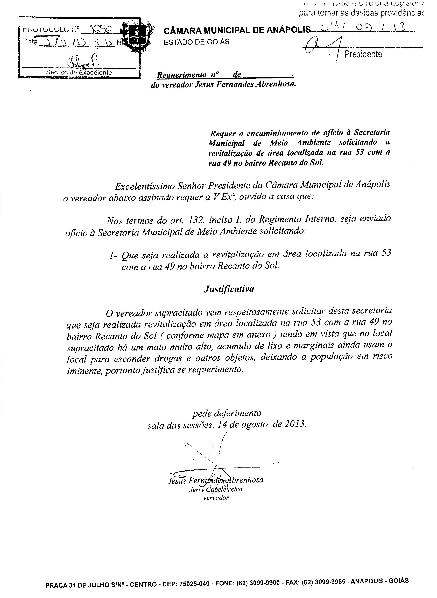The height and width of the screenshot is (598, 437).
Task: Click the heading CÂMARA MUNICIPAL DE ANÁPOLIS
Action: click(x=237, y=31)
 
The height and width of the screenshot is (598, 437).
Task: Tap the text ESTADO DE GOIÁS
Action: click(x=196, y=42)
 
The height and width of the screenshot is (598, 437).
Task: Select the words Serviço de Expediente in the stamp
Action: click(x=79, y=72)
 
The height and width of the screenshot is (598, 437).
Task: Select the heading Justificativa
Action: click(x=229, y=289)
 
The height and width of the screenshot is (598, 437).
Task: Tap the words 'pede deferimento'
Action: click(x=227, y=413)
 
